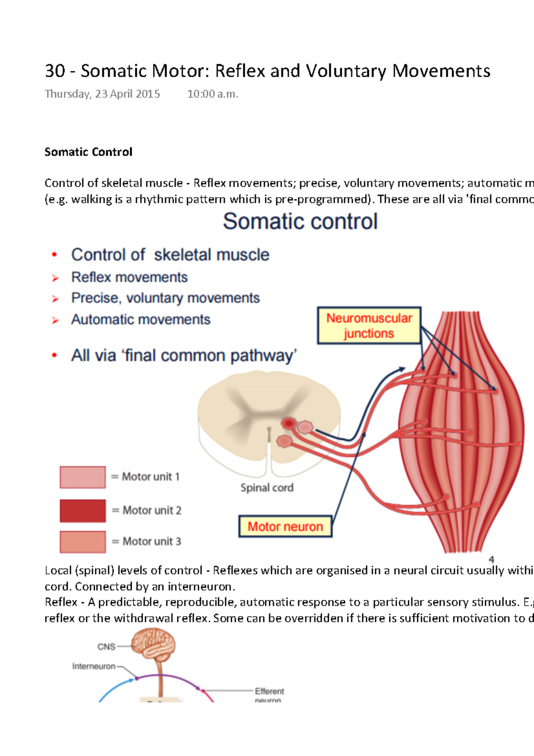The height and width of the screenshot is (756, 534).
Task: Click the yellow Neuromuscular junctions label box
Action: coord(369,325)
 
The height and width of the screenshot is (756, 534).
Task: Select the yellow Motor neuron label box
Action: coord(285,527)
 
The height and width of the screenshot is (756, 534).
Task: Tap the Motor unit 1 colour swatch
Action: coord(83,477)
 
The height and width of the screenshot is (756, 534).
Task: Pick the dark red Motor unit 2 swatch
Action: coord(83,511)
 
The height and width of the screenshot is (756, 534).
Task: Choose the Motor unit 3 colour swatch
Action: coord(83,542)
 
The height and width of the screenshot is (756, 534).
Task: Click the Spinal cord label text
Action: coord(267,488)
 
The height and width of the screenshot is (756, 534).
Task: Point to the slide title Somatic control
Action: coord(300,221)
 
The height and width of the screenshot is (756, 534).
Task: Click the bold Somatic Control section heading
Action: coord(89,152)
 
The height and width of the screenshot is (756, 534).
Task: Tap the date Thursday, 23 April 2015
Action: coord(102,94)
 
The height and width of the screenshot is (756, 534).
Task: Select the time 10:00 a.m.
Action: coord(213,94)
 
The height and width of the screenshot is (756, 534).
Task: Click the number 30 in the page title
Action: coord(55,71)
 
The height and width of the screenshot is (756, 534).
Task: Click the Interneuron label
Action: coord(94,667)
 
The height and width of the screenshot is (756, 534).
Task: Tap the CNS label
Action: coord(106,647)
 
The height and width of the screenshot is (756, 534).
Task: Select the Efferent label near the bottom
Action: coord(269,691)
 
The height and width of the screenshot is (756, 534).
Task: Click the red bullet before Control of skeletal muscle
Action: coord(54,255)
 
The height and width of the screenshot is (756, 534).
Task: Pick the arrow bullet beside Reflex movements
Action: coord(55,278)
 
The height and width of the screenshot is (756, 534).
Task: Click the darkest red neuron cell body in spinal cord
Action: coord(289,423)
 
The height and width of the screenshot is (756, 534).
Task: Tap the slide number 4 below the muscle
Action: coord(491,560)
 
